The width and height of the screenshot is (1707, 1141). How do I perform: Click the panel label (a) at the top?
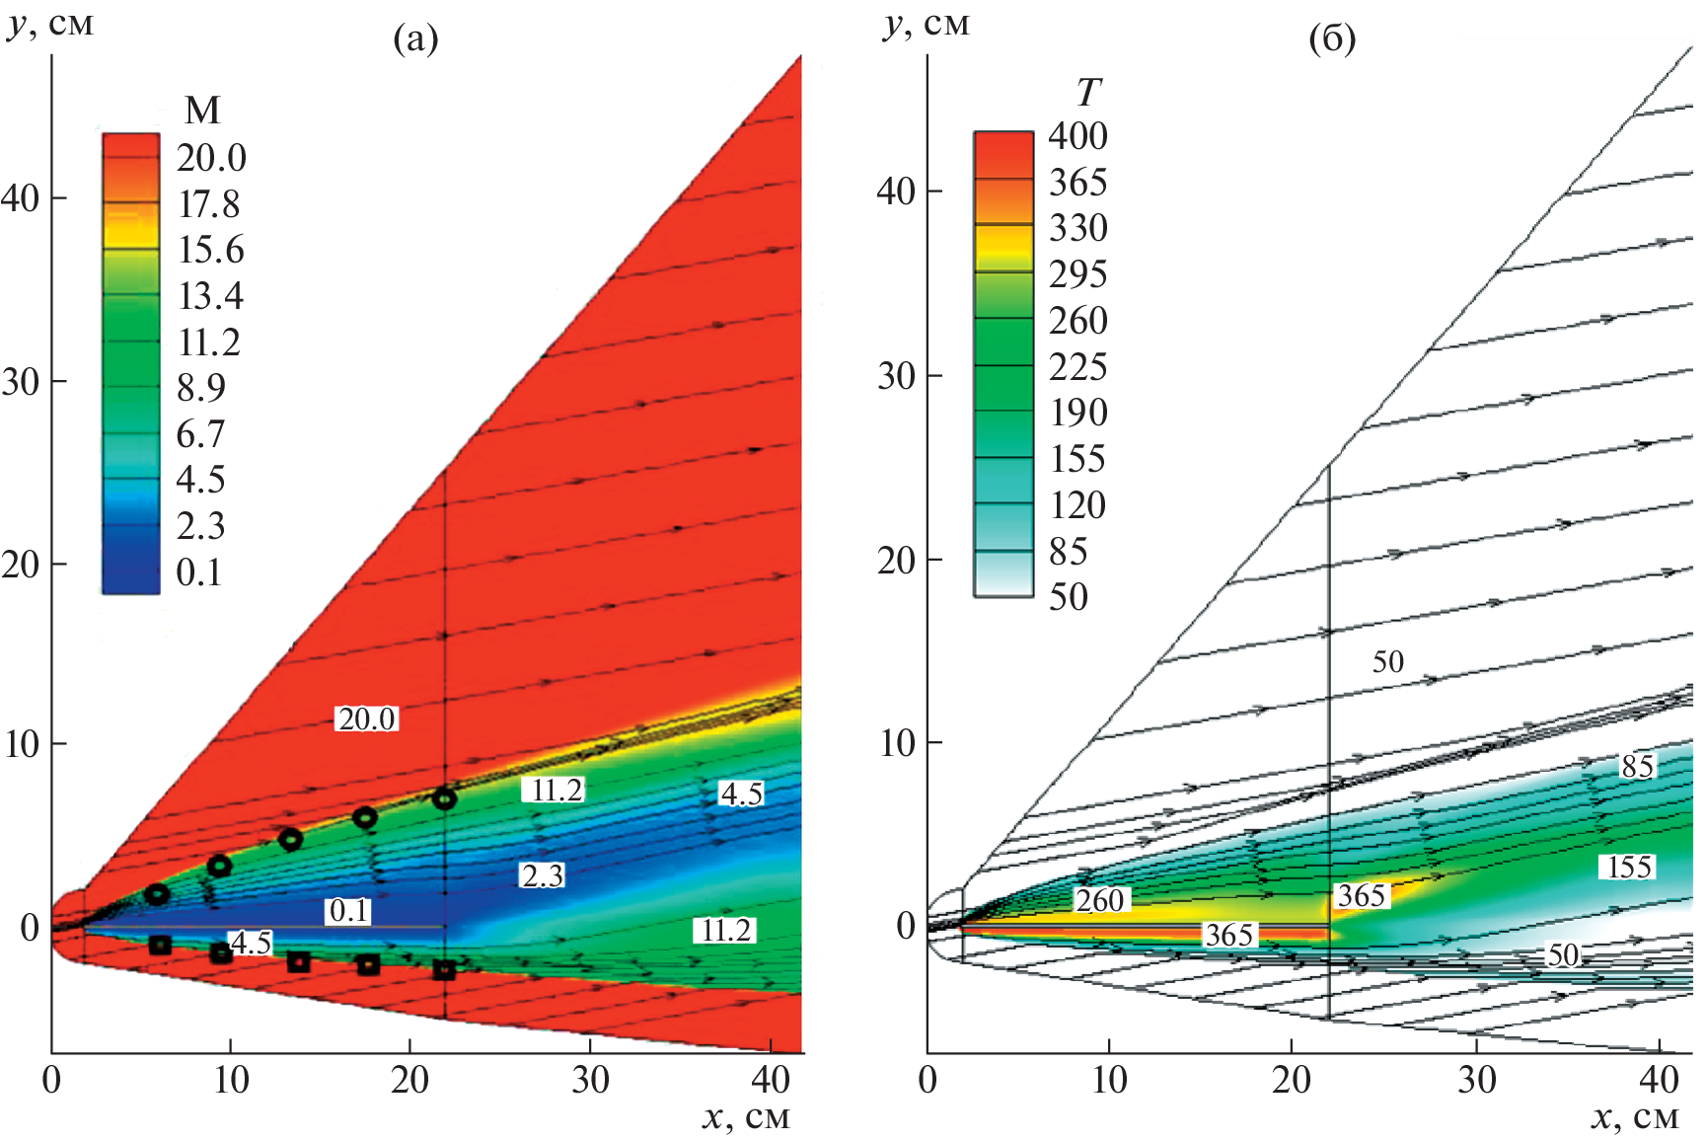tap(415, 39)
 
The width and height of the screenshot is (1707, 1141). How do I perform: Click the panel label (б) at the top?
tap(1331, 39)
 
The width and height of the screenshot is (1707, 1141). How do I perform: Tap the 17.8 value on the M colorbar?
tap(209, 204)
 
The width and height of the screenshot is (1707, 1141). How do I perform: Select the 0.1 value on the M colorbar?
tap(199, 572)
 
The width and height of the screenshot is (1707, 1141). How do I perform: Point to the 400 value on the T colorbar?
tap(1077, 136)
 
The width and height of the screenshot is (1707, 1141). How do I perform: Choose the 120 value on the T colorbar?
tap(1077, 505)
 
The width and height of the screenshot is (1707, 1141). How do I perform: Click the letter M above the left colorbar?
tap(202, 110)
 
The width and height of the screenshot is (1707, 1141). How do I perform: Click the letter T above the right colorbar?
tap(1087, 93)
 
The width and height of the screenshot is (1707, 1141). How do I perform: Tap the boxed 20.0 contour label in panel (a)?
tap(367, 719)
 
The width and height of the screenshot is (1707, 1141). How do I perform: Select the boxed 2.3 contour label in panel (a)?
tap(543, 875)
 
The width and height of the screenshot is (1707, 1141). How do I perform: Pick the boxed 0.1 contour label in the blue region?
tap(348, 910)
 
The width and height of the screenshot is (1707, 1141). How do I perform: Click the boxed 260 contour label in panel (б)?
tap(1099, 900)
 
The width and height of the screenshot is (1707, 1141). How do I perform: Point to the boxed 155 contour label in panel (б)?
tap(1629, 867)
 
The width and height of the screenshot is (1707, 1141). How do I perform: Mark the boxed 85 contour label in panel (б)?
tap(1637, 766)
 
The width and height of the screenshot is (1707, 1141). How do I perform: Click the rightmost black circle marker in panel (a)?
tap(444, 799)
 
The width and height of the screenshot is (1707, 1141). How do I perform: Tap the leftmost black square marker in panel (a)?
tap(160, 946)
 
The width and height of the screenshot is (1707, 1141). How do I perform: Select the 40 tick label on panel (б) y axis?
tap(897, 191)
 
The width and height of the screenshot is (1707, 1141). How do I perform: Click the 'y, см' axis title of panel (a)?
tap(51, 24)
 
